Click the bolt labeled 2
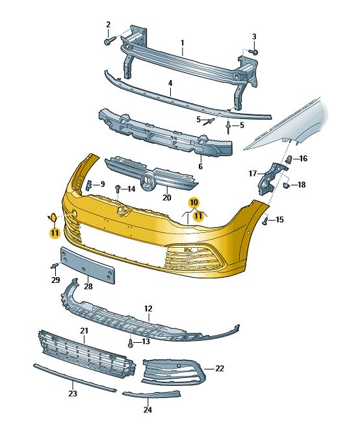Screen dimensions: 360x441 click(x=110, y=40)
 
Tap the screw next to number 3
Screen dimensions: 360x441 click(x=254, y=52)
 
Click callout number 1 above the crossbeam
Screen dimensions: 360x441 click(x=183, y=43)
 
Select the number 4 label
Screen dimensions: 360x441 click(x=170, y=83)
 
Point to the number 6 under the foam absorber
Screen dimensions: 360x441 click(x=200, y=167)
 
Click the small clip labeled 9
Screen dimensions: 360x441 click(x=88, y=185)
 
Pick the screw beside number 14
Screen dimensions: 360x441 click(x=118, y=189)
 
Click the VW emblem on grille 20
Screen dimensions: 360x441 click(x=148, y=182)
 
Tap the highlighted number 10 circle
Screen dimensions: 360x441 click(x=194, y=202)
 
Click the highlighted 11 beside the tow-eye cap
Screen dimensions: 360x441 click(x=55, y=233)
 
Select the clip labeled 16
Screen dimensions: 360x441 click(x=289, y=159)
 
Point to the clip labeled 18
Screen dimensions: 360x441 click(x=286, y=185)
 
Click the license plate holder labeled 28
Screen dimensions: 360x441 click(x=88, y=265)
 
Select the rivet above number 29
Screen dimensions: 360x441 click(x=55, y=265)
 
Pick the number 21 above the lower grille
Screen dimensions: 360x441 click(x=84, y=330)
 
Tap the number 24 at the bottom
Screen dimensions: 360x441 click(x=148, y=410)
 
